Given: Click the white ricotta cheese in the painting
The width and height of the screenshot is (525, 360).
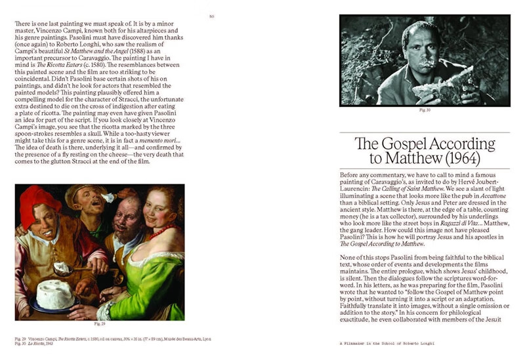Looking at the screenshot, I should pyautogui.click(x=56, y=293).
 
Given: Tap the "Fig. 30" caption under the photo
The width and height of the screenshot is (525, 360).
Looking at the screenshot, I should pyautogui.click(x=425, y=111).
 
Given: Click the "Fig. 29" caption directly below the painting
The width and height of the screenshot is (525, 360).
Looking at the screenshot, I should pyautogui.click(x=99, y=324).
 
